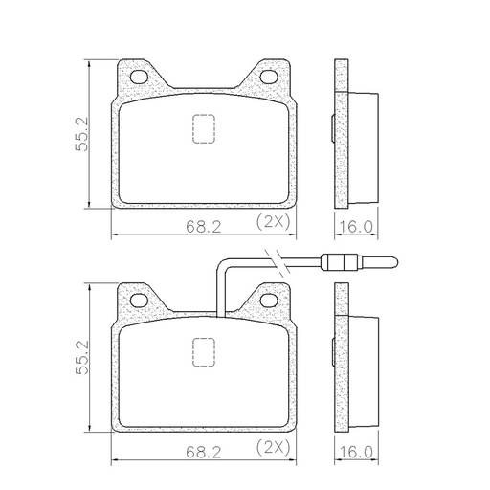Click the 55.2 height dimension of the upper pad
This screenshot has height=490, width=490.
click(x=81, y=134)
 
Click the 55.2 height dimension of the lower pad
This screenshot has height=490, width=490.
click(x=81, y=357)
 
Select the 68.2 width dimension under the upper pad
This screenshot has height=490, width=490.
click(x=204, y=227)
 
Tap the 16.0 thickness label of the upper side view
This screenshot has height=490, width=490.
click(x=355, y=227)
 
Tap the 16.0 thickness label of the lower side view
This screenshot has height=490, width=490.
click(x=355, y=452)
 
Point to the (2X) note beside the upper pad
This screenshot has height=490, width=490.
click(x=274, y=221)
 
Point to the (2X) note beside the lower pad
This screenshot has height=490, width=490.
click(x=274, y=447)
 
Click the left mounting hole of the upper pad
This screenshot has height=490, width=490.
click(x=140, y=77)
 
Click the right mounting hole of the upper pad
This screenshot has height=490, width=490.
click(x=269, y=77)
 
